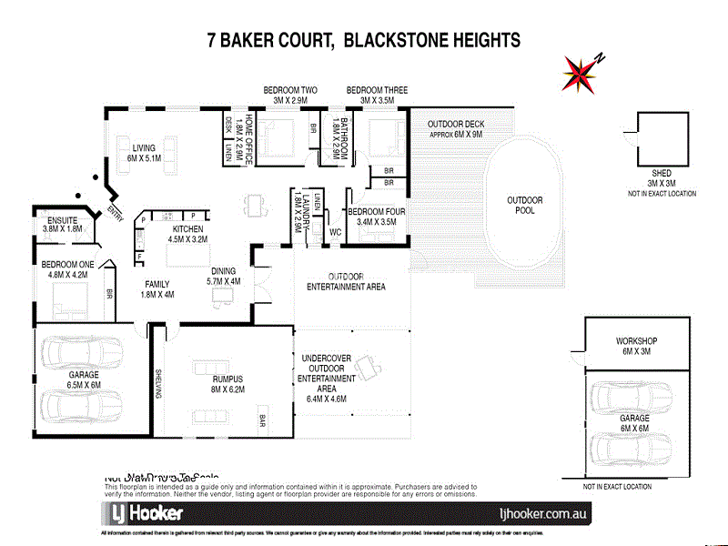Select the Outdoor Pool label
click(x=525, y=206)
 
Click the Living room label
click(x=144, y=153)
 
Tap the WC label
click(x=336, y=231)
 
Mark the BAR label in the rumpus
click(x=262, y=420)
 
